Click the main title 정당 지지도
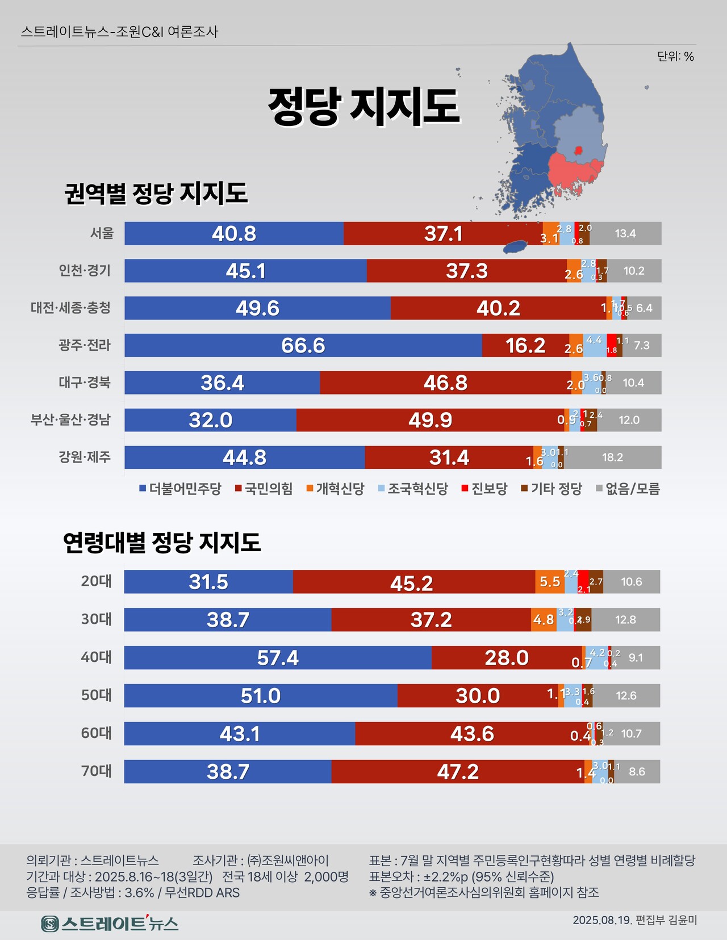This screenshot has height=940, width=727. pos(363,107)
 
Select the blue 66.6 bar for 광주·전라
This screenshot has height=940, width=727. pos(303,345)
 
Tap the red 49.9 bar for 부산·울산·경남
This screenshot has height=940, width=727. pos(430,420)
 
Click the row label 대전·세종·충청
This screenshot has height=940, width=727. pos(70,308)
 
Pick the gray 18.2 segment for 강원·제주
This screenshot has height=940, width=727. pos(612,458)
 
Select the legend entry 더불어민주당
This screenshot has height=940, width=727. pos(180,489)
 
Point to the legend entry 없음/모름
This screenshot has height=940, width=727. pos(628,489)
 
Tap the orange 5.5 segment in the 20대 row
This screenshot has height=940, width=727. pos(549,582)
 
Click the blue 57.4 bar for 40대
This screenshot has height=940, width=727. pos(277,658)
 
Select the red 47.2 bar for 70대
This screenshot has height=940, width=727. pos(458,772)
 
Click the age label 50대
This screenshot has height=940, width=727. pos(96,695)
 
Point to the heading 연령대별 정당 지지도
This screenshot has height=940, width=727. pos(161,543)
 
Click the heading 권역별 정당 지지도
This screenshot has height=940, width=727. pos(156,194)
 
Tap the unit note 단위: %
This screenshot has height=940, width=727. pos(675,56)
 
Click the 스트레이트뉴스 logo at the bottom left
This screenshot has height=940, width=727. pos(110,924)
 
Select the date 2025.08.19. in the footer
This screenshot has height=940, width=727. pos(602,920)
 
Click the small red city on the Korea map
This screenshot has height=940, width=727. pos(578,150)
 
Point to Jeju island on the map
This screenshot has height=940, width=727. pos(516,247)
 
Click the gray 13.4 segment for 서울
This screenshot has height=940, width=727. pos(625,233)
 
